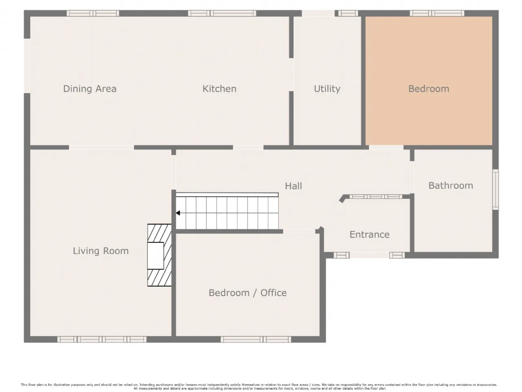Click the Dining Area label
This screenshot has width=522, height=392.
[90, 89]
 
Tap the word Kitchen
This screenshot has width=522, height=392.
[219, 89]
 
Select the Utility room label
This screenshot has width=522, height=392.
[327, 89]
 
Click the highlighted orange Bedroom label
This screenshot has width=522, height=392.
[429, 89]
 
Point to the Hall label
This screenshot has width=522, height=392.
[293, 186]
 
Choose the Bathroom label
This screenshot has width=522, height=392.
[451, 185]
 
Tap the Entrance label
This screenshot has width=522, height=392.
[369, 234]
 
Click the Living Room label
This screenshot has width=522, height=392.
[101, 251]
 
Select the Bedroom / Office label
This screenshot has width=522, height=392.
[247, 293]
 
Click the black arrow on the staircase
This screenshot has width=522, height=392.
[178, 213]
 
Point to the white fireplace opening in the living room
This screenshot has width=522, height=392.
[155, 256]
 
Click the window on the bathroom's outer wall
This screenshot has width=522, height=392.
[495, 189]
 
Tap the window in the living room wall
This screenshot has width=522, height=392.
[102, 339]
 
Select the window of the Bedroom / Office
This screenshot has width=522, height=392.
[256, 339]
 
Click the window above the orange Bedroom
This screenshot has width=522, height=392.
[437, 13]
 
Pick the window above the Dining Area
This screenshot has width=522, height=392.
[93, 13]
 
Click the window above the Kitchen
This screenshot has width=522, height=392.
[222, 13]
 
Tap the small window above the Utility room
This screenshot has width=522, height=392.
[348, 13]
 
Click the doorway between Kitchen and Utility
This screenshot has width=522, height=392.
[291, 74]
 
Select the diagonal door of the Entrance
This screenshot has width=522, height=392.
[332, 215]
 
